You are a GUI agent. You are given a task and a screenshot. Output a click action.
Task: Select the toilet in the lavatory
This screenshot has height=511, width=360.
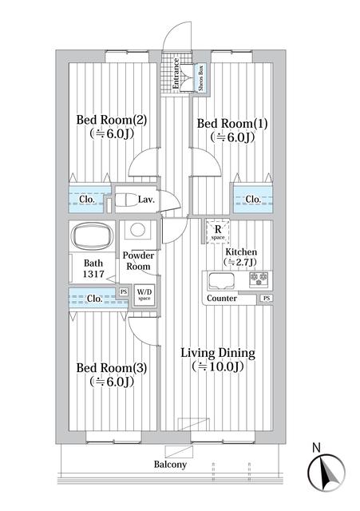126,200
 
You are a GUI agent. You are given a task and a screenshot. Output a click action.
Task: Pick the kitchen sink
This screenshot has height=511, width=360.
220,280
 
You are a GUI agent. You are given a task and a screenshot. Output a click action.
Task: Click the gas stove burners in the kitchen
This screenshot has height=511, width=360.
259,279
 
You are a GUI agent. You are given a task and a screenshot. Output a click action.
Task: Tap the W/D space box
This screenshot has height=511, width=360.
145,294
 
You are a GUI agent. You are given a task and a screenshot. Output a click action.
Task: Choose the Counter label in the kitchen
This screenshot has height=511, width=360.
221,299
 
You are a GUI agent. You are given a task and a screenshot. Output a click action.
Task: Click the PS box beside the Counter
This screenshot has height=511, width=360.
265,299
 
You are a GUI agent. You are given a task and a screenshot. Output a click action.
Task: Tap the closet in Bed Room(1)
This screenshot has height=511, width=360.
252,199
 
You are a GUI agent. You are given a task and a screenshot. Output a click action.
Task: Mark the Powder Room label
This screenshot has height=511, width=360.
136,260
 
